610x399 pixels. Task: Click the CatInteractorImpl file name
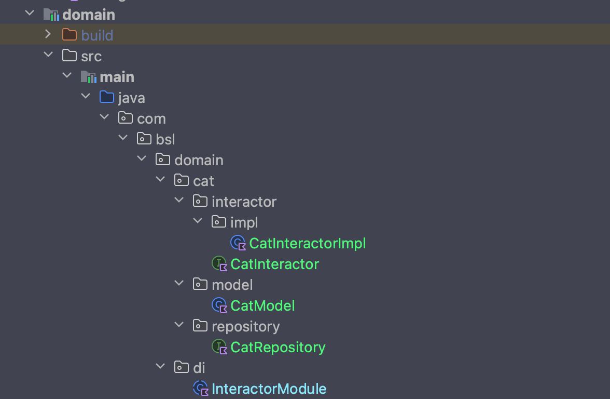307,243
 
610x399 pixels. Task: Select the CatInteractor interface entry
274,264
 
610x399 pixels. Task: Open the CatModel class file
262,305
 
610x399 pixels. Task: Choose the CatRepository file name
278,347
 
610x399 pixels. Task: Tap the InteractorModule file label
269,389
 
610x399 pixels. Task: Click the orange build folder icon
69,35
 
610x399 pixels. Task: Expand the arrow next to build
48,34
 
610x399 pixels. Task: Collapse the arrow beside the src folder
48,55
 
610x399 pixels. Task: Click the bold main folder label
117,77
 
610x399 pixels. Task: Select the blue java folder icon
106,97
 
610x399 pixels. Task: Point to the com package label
151,118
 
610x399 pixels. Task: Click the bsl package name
165,139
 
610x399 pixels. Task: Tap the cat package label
203,181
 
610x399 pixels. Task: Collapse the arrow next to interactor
179,201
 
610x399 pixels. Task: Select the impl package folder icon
218,222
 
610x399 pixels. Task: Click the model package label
232,285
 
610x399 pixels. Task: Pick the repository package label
245,326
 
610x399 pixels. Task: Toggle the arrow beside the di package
160,367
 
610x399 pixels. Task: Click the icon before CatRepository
219,347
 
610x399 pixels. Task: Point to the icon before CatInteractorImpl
238,243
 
